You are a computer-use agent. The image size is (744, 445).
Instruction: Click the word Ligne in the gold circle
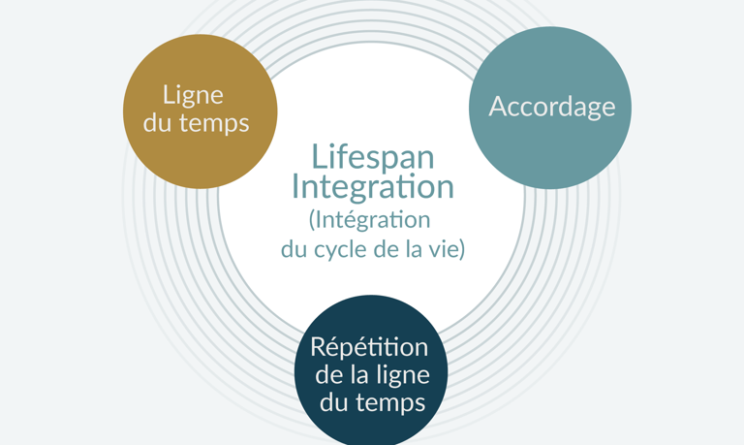coord(193,95)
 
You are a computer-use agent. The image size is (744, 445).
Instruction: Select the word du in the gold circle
coord(157,123)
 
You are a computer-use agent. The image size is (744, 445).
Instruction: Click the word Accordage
coord(551,107)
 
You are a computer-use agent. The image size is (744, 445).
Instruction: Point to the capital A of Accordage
coord(498,107)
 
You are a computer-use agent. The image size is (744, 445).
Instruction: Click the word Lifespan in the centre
coord(372,156)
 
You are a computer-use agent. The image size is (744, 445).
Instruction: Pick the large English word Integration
coord(372,186)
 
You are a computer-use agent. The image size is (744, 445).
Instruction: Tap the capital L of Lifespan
coord(318,156)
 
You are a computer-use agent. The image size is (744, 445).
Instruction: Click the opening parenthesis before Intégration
coord(312,221)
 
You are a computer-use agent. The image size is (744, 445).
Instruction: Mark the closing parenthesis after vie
coord(462,250)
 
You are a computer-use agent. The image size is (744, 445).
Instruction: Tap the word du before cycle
coord(293,249)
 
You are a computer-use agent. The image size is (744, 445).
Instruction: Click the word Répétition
coord(369,347)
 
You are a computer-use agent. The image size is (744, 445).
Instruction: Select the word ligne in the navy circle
coord(401,374)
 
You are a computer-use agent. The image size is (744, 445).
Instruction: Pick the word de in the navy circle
coord(328,374)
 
